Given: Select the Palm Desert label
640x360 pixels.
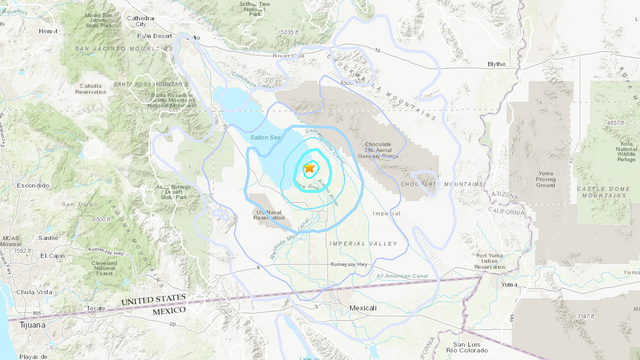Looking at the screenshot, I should [155, 36].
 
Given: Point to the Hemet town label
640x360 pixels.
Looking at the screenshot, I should [19, 31].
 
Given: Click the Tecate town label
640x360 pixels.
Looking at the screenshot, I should [95, 308].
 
